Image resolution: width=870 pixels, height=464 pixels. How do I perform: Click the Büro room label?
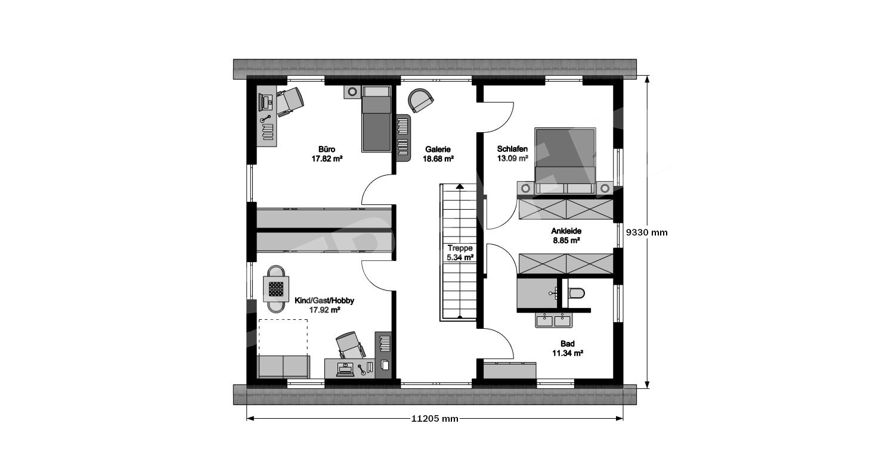point(327,150)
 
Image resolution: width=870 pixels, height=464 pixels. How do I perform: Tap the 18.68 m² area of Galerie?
point(438,158)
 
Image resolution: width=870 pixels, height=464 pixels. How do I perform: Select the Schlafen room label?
point(512,149)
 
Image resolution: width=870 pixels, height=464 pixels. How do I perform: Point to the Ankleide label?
point(566,231)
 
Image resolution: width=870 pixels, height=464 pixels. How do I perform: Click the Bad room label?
point(568,344)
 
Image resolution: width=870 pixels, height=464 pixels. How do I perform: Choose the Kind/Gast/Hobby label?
point(324,301)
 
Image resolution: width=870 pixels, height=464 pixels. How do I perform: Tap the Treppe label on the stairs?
point(460,248)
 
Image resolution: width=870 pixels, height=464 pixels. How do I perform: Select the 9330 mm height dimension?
point(646,232)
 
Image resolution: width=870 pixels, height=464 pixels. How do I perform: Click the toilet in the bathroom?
point(576,293)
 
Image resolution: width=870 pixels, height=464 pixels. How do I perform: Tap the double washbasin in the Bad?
point(553,320)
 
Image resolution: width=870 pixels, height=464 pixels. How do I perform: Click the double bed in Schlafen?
point(565,161)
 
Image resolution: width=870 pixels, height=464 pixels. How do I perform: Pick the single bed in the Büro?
point(376,119)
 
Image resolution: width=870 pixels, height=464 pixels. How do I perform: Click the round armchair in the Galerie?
point(420,100)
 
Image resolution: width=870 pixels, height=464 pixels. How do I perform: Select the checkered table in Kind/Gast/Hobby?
point(276,289)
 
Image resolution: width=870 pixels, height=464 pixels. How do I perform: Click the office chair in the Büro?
point(289,101)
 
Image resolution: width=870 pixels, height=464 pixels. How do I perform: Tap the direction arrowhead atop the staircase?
point(460,186)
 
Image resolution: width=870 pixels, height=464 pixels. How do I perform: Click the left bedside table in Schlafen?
point(525,188)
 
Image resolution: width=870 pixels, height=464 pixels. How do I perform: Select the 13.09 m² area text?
point(512,158)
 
